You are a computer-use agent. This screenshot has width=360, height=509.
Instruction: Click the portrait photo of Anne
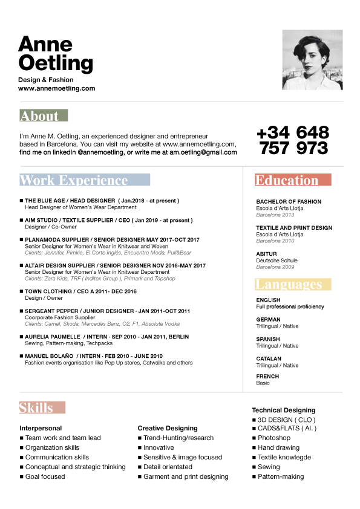click(313, 60)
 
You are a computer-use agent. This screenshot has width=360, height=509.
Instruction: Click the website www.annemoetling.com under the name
click(56, 88)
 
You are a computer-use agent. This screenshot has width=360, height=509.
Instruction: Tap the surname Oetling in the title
click(56, 62)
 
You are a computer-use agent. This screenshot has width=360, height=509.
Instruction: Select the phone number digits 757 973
click(294, 148)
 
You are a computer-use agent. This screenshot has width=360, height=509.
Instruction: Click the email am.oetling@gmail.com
click(203, 153)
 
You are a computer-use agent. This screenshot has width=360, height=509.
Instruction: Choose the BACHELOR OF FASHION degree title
click(289, 202)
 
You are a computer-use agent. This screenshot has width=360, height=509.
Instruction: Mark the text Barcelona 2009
click(275, 267)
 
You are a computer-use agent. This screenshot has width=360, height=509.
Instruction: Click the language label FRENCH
click(267, 376)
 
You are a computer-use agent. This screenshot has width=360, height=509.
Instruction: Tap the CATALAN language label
click(269, 358)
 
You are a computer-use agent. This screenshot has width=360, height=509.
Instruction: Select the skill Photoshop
click(274, 438)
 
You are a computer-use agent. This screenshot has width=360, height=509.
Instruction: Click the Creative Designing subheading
click(168, 428)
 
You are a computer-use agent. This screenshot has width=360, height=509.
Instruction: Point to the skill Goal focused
click(45, 476)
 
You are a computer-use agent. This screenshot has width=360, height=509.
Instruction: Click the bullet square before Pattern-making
click(254, 477)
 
